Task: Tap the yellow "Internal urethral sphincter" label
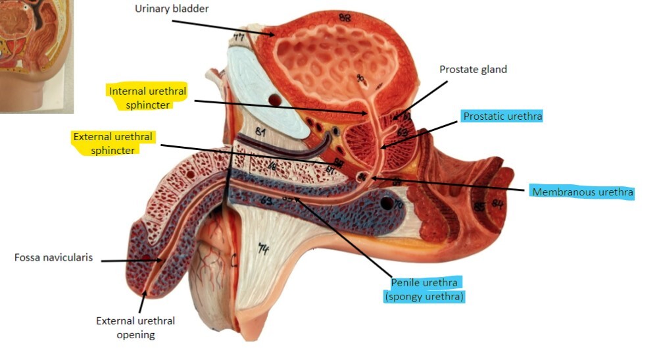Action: click(148, 97)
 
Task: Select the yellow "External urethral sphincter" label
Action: click(113, 143)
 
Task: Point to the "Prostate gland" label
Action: click(474, 69)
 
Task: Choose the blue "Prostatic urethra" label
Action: click(502, 116)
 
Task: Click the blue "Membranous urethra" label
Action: click(583, 192)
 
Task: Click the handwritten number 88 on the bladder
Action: click(344, 18)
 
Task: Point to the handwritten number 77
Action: click(238, 38)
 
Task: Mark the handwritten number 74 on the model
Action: click(264, 249)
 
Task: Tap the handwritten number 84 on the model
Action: click(497, 205)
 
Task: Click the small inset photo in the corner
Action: click(36, 55)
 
